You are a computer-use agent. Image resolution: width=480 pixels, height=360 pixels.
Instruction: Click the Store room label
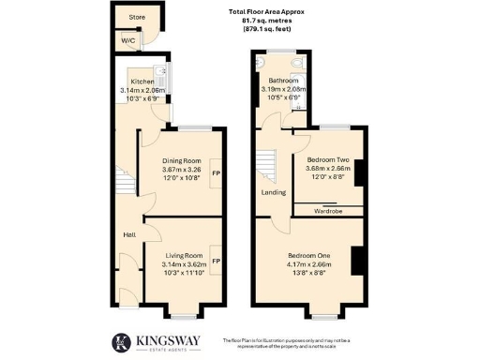(x=137, y=17)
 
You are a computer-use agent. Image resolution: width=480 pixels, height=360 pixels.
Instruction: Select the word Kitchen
(x=142, y=82)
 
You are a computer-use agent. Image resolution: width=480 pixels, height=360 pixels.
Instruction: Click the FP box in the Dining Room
(x=216, y=173)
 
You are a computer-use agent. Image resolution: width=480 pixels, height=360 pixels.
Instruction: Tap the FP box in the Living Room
(x=216, y=261)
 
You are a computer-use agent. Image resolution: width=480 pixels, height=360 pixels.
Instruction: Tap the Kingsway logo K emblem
(x=121, y=342)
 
